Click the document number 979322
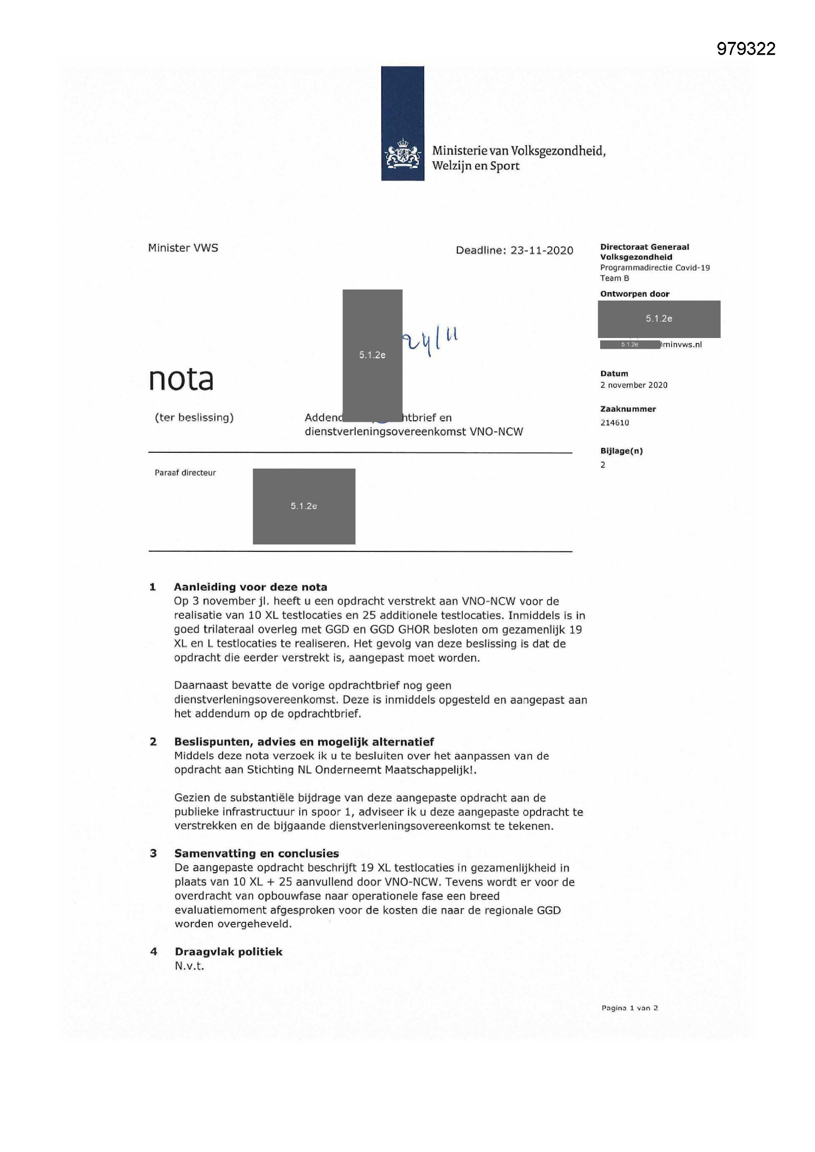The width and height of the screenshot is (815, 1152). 746,49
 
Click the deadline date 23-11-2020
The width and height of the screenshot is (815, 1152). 542,250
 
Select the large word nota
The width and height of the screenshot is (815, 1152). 181,379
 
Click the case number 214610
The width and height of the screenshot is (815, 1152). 614,422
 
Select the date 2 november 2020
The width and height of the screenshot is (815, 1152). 633,385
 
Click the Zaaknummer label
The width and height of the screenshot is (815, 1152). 628,409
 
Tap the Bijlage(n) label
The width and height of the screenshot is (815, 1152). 621,450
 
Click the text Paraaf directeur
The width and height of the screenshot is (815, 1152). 185,473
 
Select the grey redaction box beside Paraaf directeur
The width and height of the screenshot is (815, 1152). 304,506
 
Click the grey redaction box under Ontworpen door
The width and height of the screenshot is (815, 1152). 658,319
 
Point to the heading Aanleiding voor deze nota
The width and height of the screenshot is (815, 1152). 250,587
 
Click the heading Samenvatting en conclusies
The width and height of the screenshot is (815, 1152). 256,853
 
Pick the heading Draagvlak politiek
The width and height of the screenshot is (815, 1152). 228,952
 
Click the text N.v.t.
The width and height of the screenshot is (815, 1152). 189,966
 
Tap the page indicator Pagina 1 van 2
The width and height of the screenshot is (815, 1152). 629,1008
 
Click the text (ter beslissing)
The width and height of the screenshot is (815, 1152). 194,417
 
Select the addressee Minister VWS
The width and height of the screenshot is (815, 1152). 183,248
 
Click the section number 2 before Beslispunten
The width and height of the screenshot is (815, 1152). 153,742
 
